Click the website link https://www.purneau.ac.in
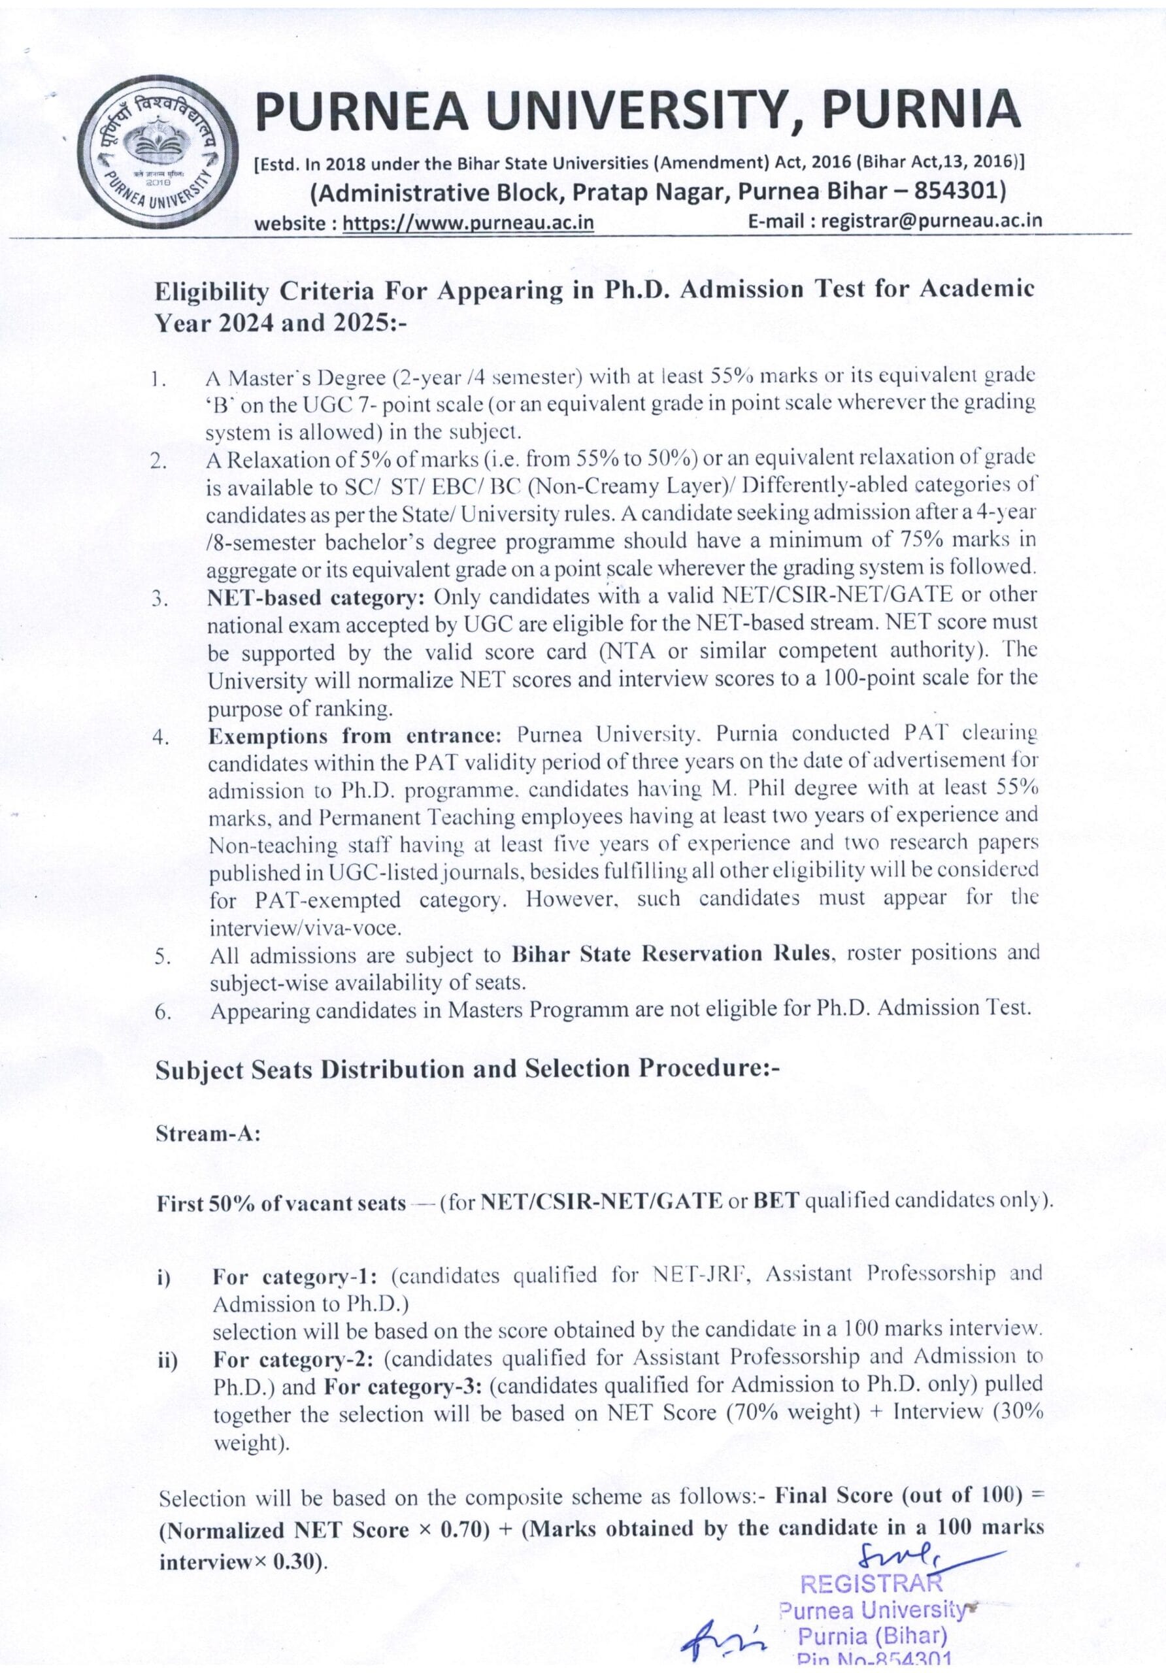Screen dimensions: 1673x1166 pos(468,222)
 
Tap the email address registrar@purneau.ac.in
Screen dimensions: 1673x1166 pos(931,221)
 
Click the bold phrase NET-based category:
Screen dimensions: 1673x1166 pos(316,597)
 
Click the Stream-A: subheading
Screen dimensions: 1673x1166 pos(208,1134)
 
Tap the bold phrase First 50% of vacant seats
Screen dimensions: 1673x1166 pos(281,1203)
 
